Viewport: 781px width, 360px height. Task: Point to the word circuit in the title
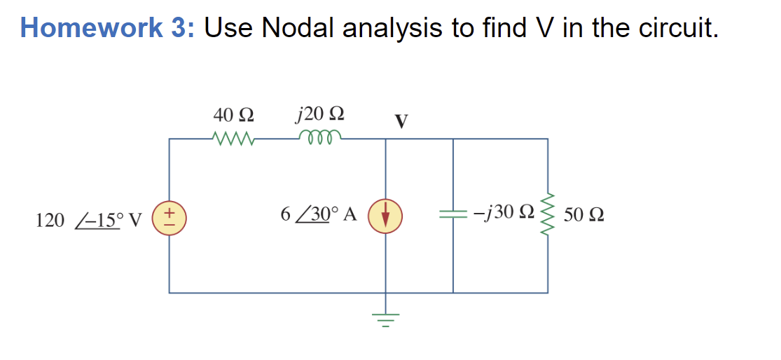coord(677,27)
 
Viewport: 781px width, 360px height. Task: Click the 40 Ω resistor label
coord(233,113)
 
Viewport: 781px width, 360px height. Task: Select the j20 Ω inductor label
coord(320,113)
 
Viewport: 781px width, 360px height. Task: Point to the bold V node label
coord(401,121)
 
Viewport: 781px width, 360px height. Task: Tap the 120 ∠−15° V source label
coord(88,220)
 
